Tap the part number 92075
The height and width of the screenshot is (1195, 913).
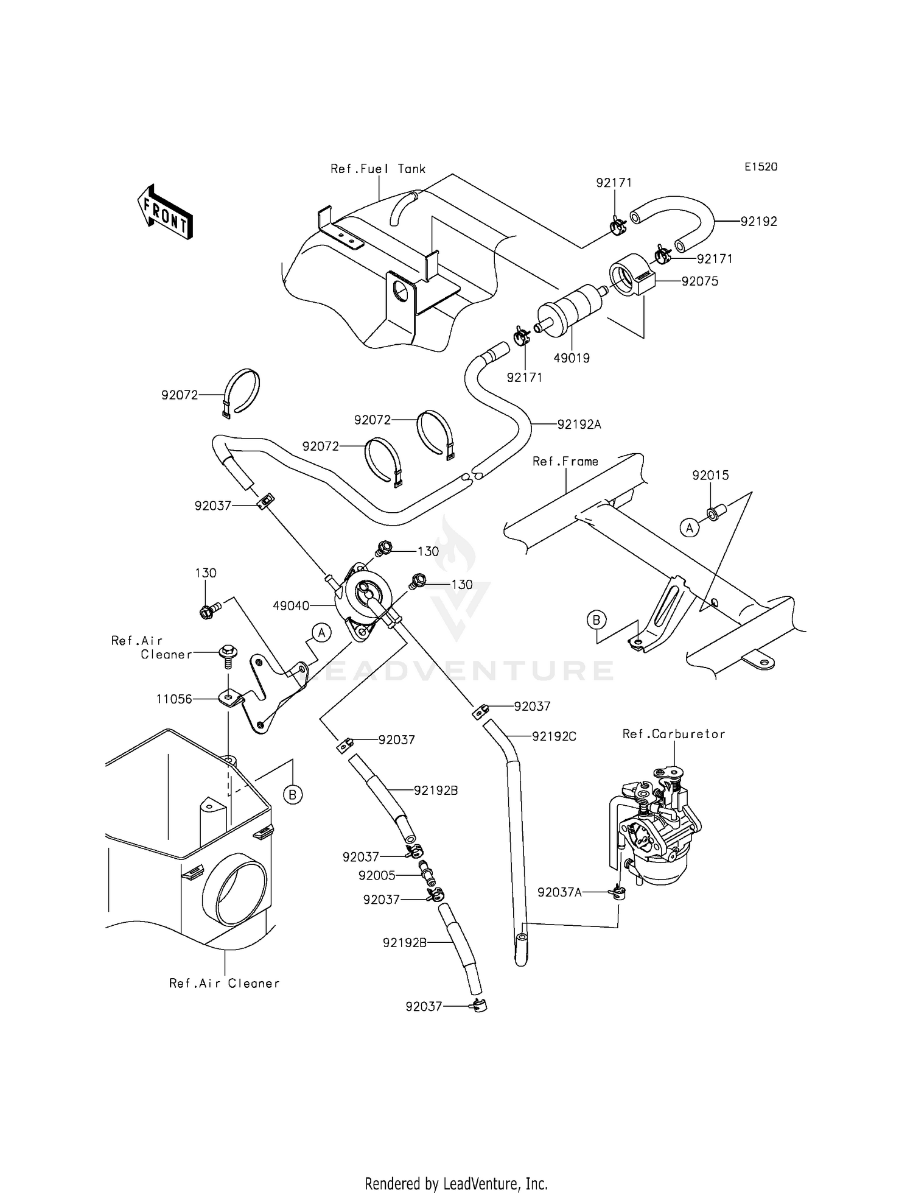[x=699, y=281]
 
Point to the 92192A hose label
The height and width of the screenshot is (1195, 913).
[x=579, y=425]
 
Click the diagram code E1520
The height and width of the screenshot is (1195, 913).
[x=760, y=167]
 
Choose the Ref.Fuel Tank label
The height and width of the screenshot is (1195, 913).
[x=378, y=169]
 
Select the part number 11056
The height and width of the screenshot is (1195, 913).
[x=174, y=699]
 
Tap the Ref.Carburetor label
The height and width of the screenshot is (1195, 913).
[x=673, y=734]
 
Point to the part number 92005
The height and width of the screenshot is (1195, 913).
[x=377, y=875]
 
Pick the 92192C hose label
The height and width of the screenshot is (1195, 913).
[x=554, y=736]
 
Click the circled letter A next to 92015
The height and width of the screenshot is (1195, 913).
[x=689, y=528]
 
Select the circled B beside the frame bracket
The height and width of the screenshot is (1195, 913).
[x=596, y=621]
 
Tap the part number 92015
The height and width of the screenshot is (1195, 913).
[x=710, y=475]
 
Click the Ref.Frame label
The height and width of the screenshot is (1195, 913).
[x=565, y=462]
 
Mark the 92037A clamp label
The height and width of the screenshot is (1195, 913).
[x=559, y=892]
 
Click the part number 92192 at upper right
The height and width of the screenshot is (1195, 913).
[x=758, y=222]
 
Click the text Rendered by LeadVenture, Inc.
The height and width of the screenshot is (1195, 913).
[x=456, y=1183]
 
